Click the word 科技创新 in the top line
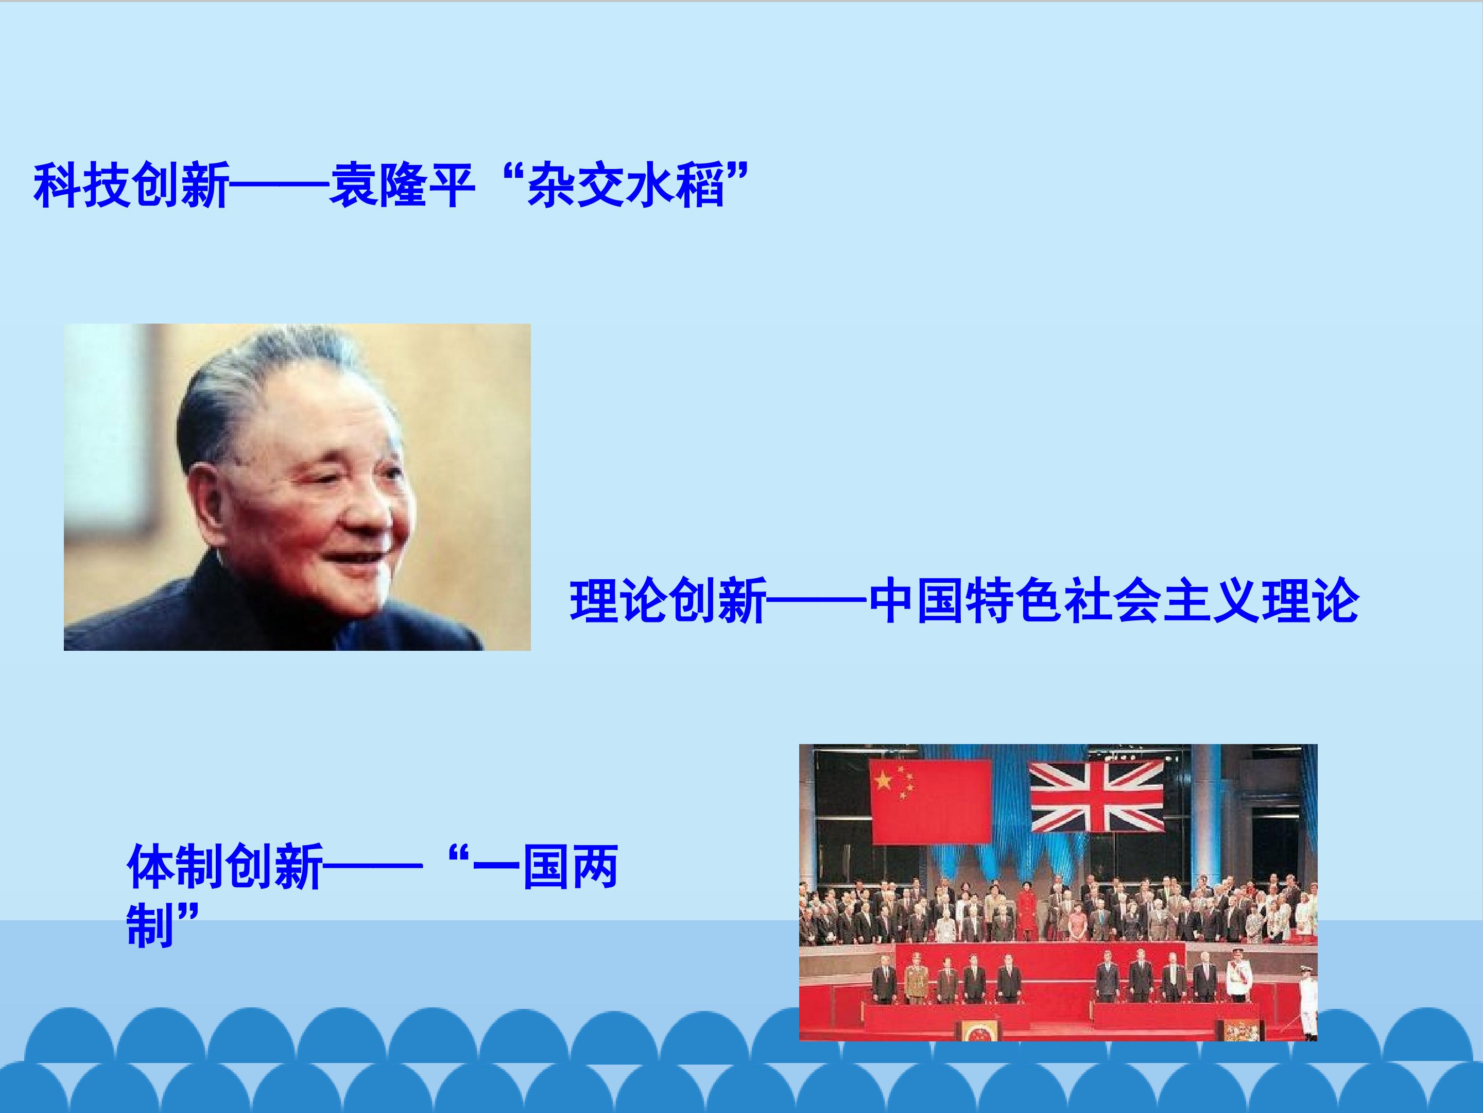coord(131,185)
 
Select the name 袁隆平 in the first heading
coord(402,185)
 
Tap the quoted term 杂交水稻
coord(626,185)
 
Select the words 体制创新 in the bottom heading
coord(225,867)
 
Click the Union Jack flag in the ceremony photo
coord(1097,796)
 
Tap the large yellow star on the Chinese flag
coord(884,780)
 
